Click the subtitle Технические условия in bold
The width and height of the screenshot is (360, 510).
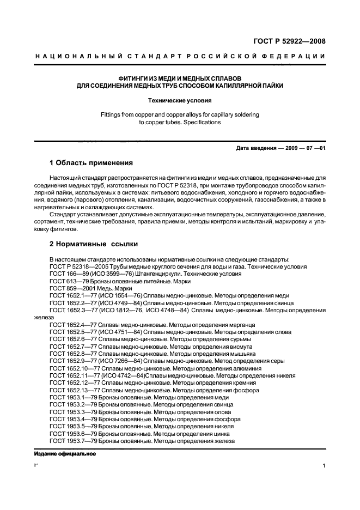[180, 100]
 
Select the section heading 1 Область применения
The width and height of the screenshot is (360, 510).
[91, 163]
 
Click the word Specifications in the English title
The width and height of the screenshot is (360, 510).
[203, 122]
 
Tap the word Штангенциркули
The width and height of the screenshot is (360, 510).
[150, 274]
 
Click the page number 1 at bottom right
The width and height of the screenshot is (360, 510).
[324, 466]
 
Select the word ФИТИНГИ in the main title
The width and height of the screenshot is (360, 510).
[121, 78]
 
